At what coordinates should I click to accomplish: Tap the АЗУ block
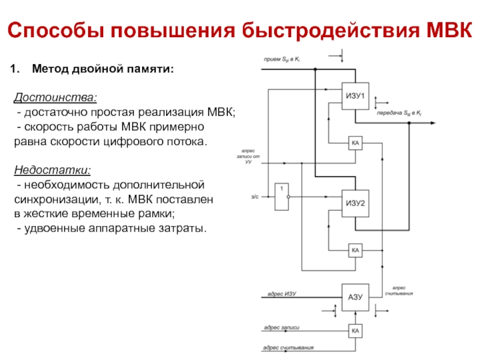(355, 296)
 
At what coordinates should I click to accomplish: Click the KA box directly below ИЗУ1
(355, 143)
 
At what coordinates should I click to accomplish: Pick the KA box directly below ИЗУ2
(355, 250)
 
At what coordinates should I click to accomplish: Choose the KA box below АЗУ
(355, 331)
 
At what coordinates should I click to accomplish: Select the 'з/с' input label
(254, 197)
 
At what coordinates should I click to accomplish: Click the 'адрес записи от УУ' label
(248, 157)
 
